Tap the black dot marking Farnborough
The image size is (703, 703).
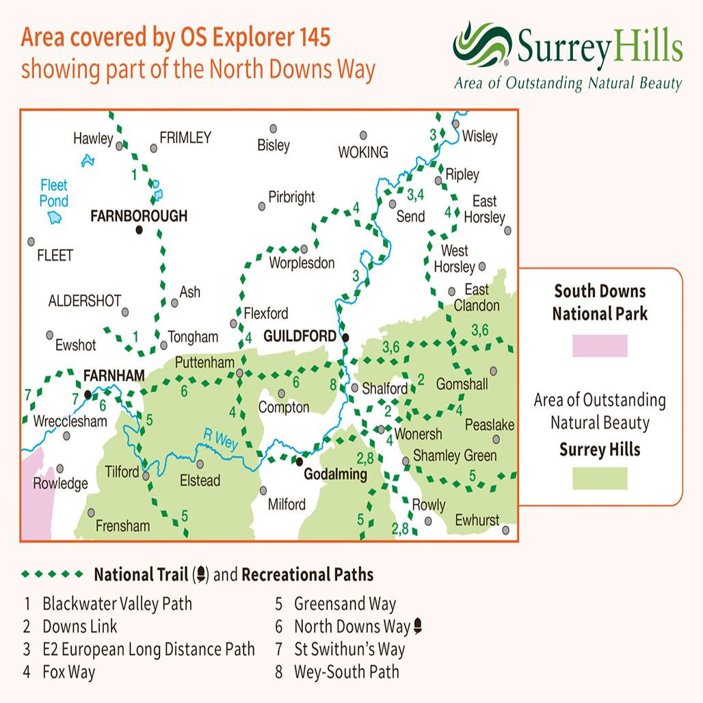140,230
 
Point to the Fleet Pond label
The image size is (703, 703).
54,193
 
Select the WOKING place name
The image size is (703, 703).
363,152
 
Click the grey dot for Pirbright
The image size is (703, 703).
261,206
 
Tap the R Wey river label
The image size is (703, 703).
220,439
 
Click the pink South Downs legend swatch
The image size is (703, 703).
600,345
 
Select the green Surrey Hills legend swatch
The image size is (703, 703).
600,478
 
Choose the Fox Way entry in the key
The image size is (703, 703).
68,672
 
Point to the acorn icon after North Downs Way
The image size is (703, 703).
417,626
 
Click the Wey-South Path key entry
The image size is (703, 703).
346,672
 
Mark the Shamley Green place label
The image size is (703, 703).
455,455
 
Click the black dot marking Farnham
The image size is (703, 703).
88,395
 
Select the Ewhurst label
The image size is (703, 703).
477,520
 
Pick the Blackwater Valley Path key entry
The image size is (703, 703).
117,604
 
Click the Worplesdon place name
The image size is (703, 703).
302,263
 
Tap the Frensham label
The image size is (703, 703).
122,526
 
